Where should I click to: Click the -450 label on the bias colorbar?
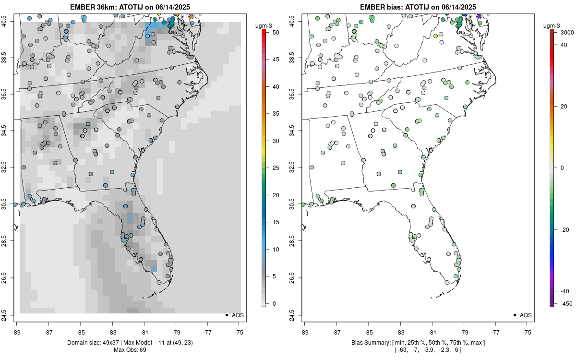pos(565,303)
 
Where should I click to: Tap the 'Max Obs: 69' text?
pos(130,349)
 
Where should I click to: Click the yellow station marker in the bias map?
pos(435,36)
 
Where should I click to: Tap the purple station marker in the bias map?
pos(479,17)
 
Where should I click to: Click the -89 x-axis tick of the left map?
pos(17,331)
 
